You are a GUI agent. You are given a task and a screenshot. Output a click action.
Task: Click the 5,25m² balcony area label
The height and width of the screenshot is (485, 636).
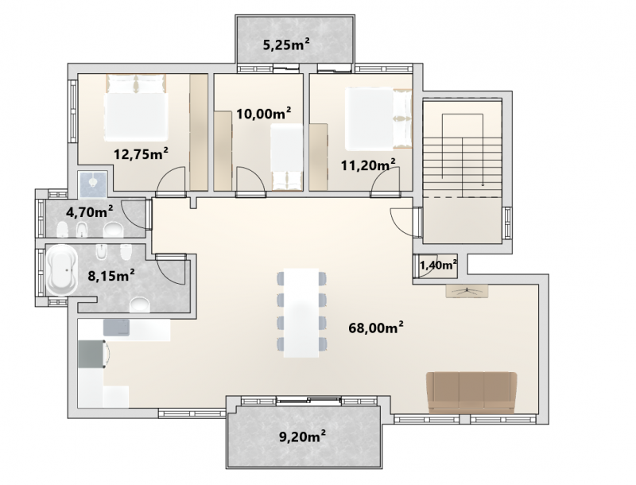tap(287, 45)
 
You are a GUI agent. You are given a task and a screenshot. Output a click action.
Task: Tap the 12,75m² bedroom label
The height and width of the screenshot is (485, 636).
tap(141, 153)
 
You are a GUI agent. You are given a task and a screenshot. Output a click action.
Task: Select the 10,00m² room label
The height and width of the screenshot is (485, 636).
tap(264, 113)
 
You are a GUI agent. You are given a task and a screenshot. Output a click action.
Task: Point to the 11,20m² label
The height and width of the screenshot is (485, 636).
tap(368, 165)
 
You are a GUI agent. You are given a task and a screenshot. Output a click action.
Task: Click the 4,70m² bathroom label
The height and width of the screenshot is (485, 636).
tap(89, 211)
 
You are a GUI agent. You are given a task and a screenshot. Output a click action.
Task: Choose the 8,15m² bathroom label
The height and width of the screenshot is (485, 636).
tap(111, 275)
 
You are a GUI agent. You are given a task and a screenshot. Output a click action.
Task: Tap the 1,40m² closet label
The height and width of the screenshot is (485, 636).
tap(438, 266)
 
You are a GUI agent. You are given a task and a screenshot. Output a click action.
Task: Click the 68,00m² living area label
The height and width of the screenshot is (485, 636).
tap(376, 328)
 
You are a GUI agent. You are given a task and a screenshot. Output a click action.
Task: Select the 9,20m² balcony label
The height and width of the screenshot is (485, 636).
tap(302, 436)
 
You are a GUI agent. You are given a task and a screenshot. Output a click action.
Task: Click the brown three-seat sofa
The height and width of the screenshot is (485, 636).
tap(471, 393)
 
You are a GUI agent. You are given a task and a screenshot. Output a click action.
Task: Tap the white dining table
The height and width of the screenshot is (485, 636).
tap(301, 312)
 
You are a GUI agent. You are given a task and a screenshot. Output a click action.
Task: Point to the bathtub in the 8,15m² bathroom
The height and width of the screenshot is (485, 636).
tap(62, 270)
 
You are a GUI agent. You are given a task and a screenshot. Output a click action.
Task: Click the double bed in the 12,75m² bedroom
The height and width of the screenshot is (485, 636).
tap(136, 107)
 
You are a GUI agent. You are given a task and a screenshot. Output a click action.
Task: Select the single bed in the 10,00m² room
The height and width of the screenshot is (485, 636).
tap(287, 157)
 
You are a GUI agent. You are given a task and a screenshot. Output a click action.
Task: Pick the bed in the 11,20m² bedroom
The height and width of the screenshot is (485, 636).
tap(378, 118)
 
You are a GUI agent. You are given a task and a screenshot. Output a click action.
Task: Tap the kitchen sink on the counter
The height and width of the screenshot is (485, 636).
tap(116, 328)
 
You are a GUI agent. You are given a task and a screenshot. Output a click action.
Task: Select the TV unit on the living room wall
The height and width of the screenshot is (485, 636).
tap(467, 291)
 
